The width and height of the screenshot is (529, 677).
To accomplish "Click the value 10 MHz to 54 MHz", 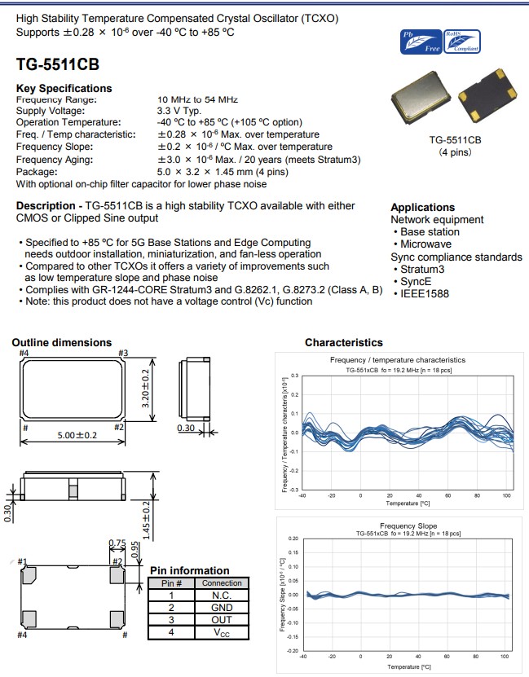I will (197, 99).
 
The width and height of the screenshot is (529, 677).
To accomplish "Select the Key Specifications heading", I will (64, 88).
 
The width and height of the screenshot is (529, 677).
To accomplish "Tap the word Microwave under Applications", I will (425, 244).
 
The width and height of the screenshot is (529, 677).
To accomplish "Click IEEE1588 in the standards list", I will (425, 293).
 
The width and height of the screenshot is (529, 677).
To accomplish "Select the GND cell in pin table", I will (222, 607).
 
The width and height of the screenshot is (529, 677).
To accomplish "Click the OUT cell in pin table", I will (222, 619).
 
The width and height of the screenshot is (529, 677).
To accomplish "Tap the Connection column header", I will (222, 583).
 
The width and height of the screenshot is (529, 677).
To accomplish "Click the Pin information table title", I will (189, 570).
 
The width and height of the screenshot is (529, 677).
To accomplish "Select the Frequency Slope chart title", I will (408, 525).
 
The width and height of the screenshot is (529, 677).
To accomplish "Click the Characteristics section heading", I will (343, 343).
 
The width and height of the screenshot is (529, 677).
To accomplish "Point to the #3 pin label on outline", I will (124, 353).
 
